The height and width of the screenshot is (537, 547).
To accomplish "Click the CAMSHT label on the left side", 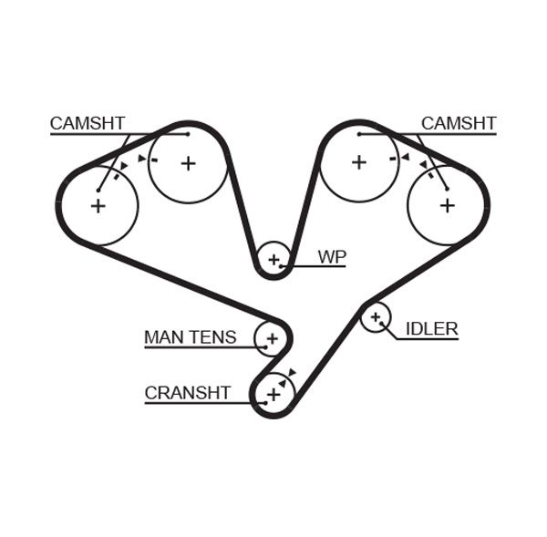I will [88, 123].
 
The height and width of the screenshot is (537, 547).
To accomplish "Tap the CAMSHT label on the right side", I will [459, 123].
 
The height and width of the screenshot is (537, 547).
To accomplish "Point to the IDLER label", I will [431, 328].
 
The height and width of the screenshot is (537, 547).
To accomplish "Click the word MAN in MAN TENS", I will [164, 337].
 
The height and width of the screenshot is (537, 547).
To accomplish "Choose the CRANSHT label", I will [187, 393].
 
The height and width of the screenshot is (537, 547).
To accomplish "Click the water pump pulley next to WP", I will [273, 259].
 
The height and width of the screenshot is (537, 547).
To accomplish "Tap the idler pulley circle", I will [375, 316].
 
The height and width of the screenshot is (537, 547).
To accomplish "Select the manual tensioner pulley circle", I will [271, 339].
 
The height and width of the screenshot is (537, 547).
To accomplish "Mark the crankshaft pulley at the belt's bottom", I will [273, 394].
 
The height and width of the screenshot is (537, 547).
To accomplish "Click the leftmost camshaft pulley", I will [98, 206].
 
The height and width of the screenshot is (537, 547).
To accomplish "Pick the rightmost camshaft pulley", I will [447, 206].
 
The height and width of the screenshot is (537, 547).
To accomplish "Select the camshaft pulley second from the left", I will [188, 163].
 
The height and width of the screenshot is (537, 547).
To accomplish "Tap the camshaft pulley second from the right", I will [359, 162].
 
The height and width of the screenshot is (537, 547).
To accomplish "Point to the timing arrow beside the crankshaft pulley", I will [292, 372].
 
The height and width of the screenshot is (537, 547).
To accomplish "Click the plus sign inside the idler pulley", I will [375, 316].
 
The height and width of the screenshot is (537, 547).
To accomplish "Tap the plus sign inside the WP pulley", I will [273, 259].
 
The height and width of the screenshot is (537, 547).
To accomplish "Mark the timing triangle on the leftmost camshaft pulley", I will [123, 165].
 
